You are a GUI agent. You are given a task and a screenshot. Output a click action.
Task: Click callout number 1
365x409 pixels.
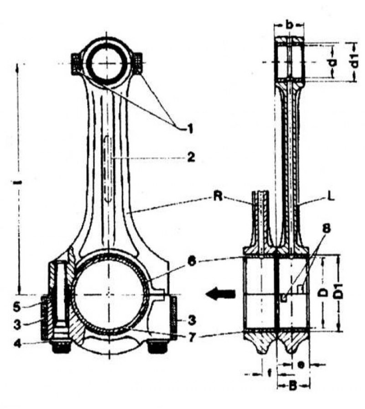coord(189,129)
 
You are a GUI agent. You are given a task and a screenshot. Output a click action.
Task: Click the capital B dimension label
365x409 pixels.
coord(293,386)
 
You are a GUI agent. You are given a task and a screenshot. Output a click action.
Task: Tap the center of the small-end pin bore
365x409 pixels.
coord(107,63)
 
